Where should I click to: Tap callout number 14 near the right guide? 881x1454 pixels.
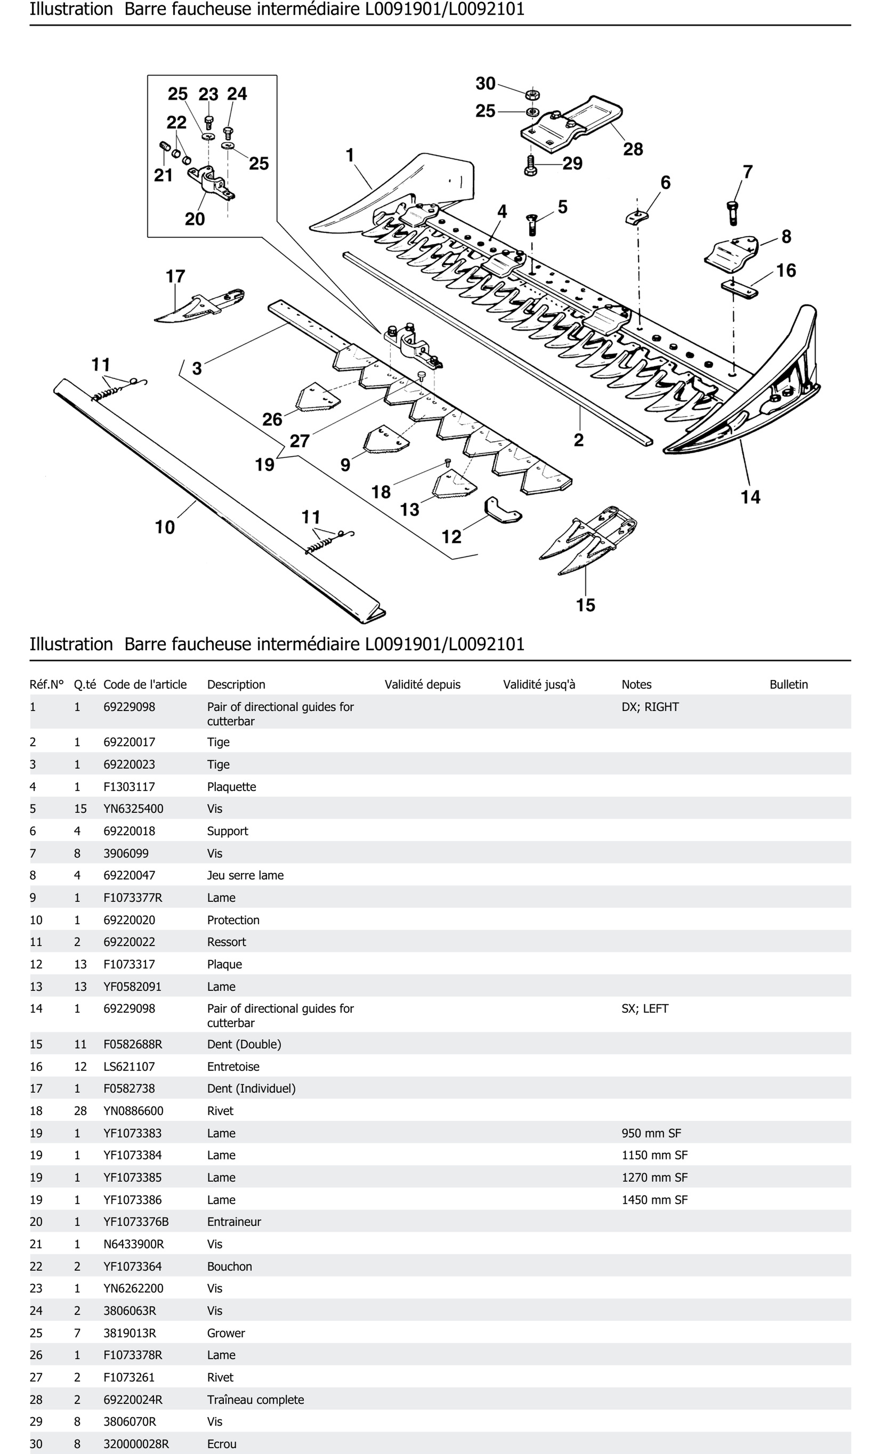click(x=750, y=497)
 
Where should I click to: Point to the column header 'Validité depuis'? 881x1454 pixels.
click(x=422, y=685)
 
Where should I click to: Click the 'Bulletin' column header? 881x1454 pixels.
click(x=788, y=685)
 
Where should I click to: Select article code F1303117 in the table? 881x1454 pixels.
click(x=129, y=787)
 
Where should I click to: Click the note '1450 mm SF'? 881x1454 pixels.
click(x=654, y=1200)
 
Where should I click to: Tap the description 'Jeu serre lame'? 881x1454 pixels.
click(x=245, y=875)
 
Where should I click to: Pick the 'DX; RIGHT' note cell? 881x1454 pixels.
click(x=650, y=707)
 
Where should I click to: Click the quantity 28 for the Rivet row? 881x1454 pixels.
click(x=80, y=1110)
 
